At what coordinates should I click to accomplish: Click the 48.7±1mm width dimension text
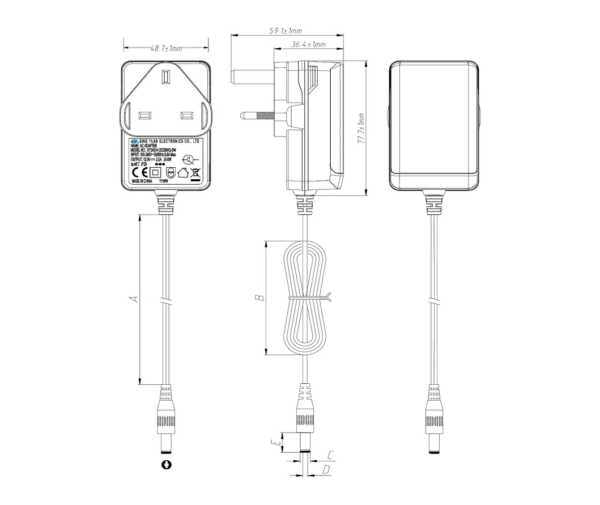coord(166,49)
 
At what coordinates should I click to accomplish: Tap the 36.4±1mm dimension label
coord(308,44)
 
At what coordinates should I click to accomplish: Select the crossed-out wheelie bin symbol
coord(195,173)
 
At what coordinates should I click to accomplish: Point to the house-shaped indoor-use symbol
coord(182,173)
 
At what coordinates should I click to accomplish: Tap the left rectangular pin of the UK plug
coord(144,116)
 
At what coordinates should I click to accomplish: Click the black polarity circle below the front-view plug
coord(167,465)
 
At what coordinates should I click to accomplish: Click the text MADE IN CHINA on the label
coord(142,183)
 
